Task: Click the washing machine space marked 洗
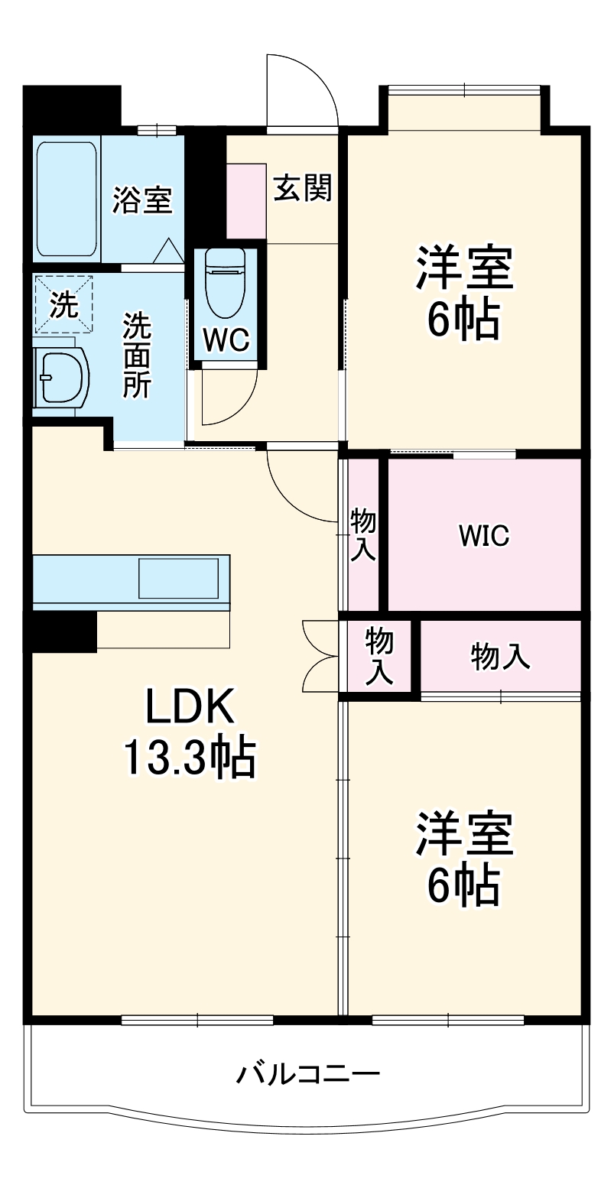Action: [63, 305]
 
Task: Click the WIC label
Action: [483, 536]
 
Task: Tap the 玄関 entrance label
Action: [303, 187]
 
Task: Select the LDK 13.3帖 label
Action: [189, 732]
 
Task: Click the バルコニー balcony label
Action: [307, 1074]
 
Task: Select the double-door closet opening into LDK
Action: [320, 655]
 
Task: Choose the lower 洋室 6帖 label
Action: [463, 858]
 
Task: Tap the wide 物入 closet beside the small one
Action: [500, 657]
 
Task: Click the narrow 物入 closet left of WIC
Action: [362, 535]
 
